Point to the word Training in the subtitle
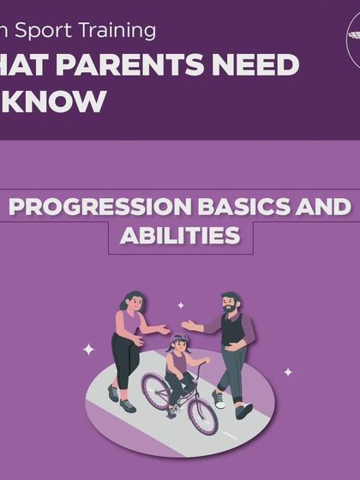click(120, 31)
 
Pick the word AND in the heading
click(324, 208)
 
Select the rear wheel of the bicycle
click(157, 391)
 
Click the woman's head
click(132, 302)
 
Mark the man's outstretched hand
click(187, 327)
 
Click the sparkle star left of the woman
click(88, 350)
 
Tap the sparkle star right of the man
click(288, 372)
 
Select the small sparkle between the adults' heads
click(180, 305)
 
